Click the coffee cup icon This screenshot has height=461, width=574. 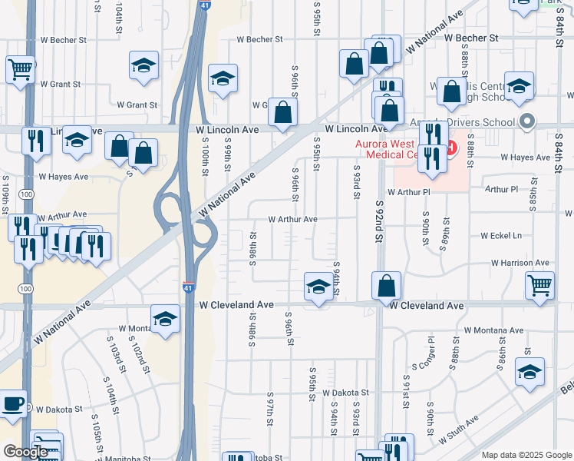click(12, 405)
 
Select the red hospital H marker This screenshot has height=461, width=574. click(450, 146)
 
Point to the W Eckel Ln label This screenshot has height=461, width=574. click(501, 236)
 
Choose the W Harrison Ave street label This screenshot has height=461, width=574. click(521, 263)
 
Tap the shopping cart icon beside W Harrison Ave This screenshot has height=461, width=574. click(540, 285)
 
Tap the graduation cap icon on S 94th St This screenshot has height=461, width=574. click(318, 287)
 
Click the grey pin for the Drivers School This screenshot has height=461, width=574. click(526, 121)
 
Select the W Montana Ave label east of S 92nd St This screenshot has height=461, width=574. click(493, 330)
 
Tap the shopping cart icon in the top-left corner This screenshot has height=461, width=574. click(20, 69)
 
